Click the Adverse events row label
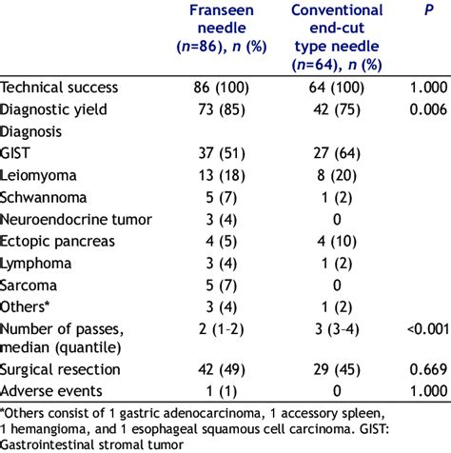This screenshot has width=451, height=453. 55,391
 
